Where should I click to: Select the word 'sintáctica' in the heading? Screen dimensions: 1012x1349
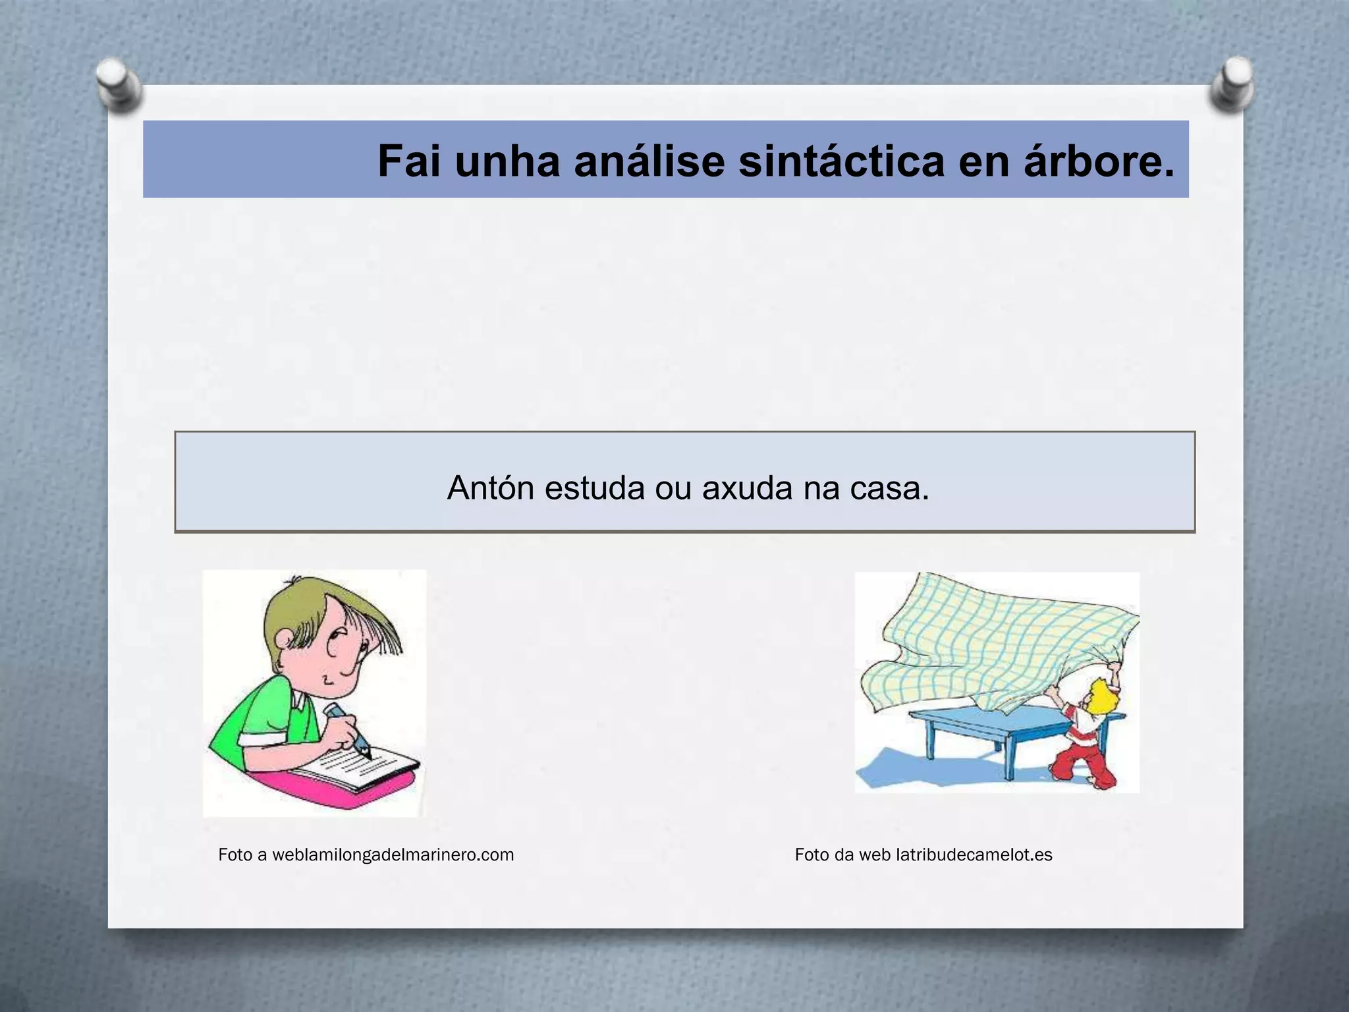841,161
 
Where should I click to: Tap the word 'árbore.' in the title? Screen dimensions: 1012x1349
1099,161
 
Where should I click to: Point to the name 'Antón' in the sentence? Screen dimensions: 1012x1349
490,488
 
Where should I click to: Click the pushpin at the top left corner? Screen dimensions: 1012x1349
117,84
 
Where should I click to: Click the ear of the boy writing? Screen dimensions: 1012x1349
285,638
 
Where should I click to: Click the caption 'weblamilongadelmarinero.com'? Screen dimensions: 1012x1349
393,855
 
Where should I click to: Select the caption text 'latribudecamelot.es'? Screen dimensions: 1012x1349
974,855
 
